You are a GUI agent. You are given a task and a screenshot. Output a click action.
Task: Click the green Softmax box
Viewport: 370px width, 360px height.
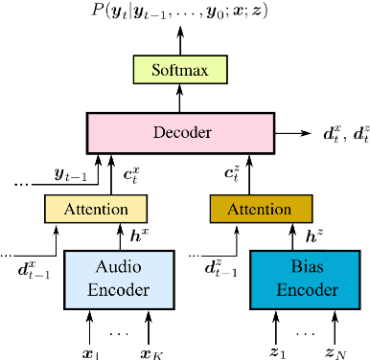pyautogui.click(x=180, y=69)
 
